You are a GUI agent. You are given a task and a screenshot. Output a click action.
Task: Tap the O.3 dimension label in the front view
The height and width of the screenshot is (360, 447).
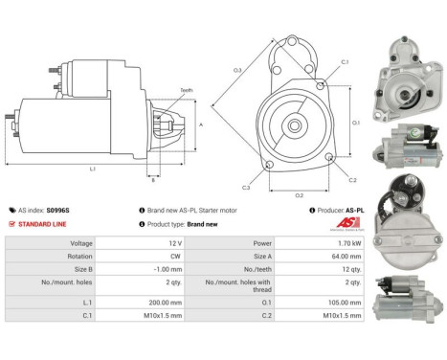237,70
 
